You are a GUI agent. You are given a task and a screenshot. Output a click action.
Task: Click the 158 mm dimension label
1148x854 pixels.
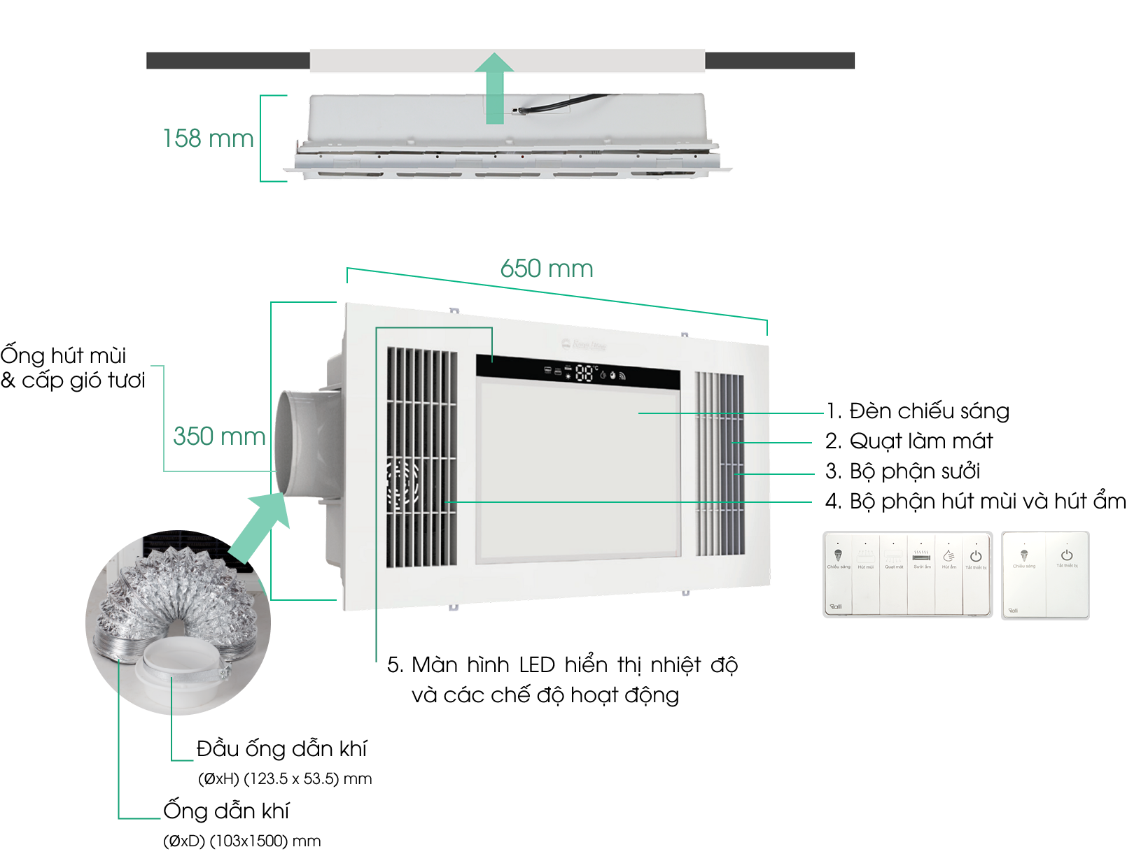point(208,138)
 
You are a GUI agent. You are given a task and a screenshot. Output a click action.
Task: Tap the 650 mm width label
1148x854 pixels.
point(547,269)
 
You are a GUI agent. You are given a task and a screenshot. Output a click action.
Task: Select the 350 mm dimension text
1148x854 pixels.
point(219,436)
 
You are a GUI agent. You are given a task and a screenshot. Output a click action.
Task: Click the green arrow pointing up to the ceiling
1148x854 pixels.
point(496,87)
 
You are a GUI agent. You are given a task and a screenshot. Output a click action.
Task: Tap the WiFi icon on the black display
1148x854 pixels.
point(622,376)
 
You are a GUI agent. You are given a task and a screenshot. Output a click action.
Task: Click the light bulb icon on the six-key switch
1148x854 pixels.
point(838,557)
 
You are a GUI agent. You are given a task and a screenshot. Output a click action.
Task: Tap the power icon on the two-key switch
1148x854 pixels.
point(1067,556)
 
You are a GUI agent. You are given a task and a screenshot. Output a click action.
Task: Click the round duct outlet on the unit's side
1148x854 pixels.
point(297,441)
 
